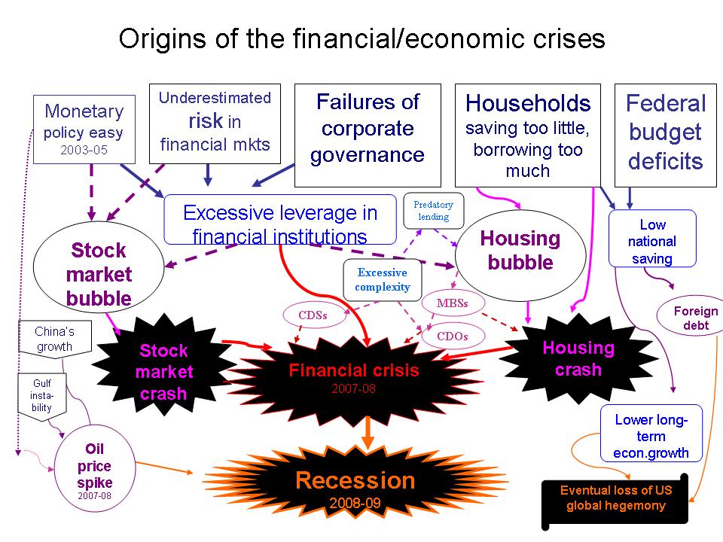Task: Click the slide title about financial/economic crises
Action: tap(361, 39)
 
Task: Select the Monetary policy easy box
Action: tap(84, 129)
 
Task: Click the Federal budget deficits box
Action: tap(665, 132)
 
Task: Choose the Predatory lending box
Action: tap(433, 211)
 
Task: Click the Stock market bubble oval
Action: tap(99, 274)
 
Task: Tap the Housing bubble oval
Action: tap(520, 251)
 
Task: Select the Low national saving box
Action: tap(652, 241)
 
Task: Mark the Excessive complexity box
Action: tap(383, 279)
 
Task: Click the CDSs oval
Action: tap(312, 315)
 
